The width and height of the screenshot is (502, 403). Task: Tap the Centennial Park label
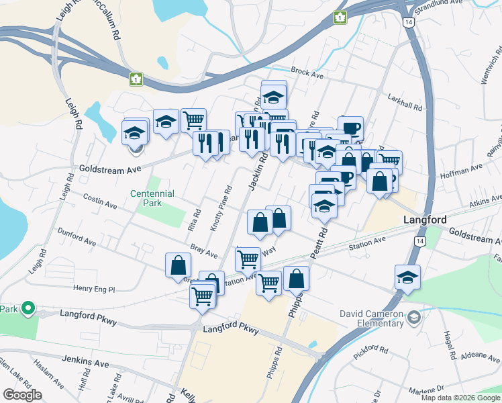(x=152, y=198)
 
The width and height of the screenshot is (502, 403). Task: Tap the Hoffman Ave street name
(x=461, y=171)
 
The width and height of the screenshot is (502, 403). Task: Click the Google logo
(x=22, y=395)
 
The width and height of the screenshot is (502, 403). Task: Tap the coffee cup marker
(x=352, y=128)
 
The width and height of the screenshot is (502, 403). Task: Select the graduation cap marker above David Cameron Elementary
(x=407, y=277)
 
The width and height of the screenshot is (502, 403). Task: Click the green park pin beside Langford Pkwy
(x=28, y=308)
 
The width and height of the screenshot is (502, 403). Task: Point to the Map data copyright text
(x=460, y=398)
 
